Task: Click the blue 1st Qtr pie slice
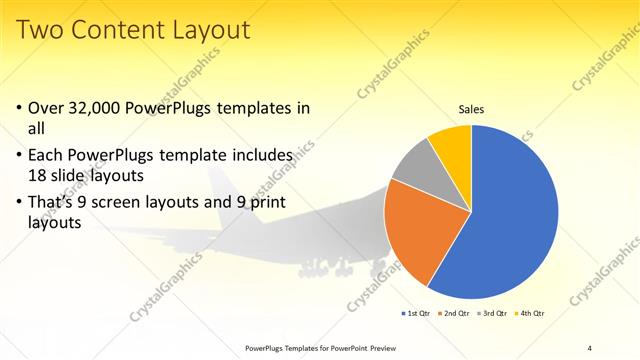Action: (510, 220)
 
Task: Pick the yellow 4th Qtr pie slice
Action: (453, 146)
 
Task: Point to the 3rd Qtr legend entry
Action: (493, 314)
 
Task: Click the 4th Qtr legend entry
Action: (530, 314)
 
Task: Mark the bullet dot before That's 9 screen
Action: (21, 203)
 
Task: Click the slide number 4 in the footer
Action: (590, 347)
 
